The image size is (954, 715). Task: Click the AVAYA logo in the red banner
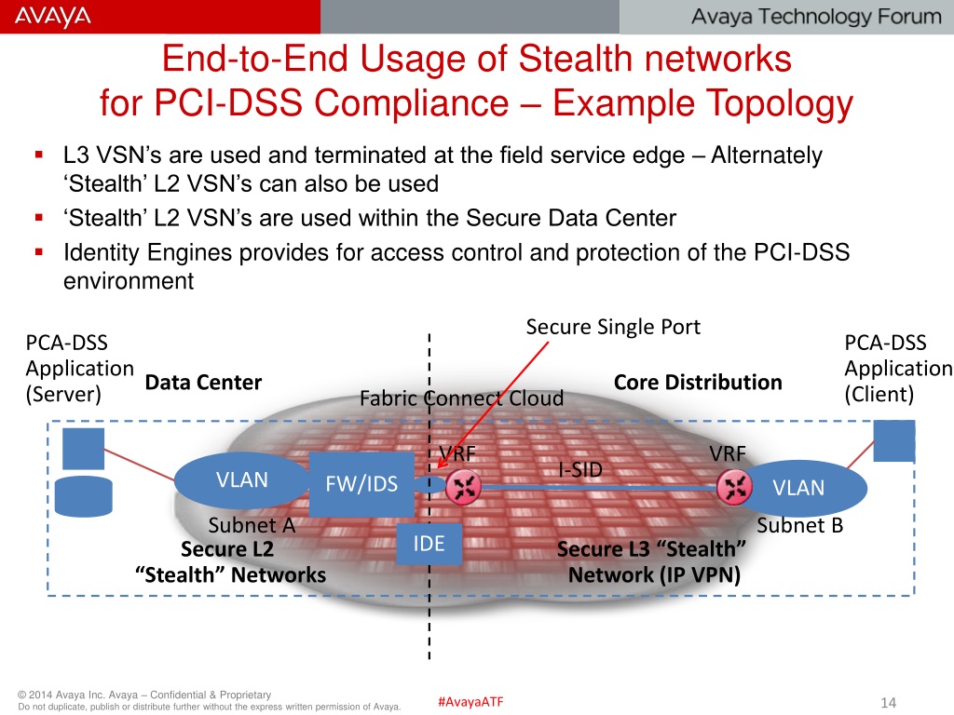tap(53, 17)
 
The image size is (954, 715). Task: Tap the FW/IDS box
tap(361, 484)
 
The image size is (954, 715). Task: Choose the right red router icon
tap(734, 485)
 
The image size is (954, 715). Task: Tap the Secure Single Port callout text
tap(613, 327)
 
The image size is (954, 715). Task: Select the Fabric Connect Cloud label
tap(461, 398)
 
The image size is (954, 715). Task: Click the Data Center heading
tap(203, 383)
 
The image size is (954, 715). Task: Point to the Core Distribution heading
tap(698, 383)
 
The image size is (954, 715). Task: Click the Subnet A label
tap(252, 525)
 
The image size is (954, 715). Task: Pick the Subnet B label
tap(799, 525)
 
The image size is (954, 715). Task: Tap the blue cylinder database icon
tap(83, 496)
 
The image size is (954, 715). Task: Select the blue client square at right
tap(894, 440)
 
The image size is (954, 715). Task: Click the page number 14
tap(887, 702)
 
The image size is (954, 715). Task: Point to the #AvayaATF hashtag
tap(470, 701)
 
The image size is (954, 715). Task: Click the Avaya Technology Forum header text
tap(816, 17)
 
